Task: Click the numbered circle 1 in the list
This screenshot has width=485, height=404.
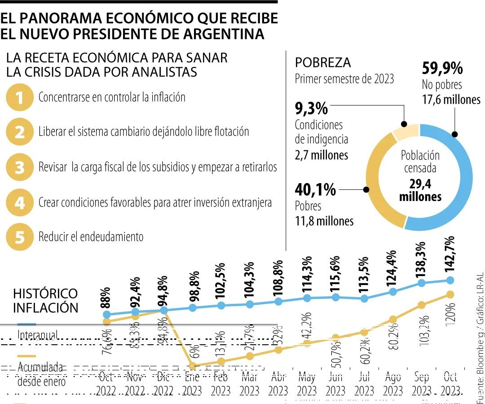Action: click(x=19, y=97)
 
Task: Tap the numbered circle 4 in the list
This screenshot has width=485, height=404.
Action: click(x=19, y=203)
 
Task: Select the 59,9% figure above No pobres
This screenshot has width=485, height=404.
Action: click(x=442, y=69)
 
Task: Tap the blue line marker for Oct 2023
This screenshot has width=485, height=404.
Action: click(x=451, y=280)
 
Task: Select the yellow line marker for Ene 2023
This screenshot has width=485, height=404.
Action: click(x=192, y=366)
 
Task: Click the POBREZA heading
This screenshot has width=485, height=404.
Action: click(x=322, y=62)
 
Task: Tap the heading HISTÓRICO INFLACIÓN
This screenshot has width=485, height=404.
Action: click(x=45, y=300)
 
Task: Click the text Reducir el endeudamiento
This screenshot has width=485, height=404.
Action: click(x=91, y=237)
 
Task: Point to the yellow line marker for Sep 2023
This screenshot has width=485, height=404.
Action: click(x=421, y=305)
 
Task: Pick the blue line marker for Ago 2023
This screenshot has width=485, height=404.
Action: click(x=393, y=291)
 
